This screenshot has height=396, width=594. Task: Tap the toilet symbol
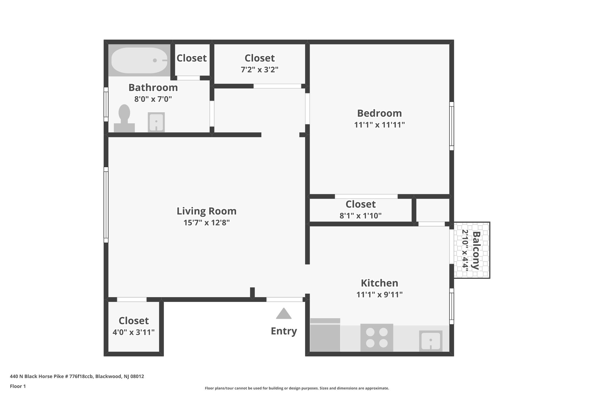(124, 119)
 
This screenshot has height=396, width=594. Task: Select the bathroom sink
(156, 122)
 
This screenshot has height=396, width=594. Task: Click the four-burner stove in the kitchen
(377, 338)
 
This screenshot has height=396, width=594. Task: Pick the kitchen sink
(431, 341)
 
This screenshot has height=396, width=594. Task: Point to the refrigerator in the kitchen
(325, 335)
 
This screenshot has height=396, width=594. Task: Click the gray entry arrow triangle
(284, 314)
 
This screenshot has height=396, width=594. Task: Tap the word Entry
(284, 331)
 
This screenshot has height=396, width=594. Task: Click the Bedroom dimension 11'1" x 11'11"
(379, 125)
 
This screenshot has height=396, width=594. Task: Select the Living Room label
(206, 211)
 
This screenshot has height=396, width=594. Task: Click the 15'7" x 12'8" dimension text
(206, 223)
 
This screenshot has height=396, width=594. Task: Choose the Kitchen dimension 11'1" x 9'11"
(379, 295)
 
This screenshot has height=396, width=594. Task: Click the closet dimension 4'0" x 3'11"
(133, 332)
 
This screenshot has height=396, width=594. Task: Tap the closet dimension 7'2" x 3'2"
(260, 70)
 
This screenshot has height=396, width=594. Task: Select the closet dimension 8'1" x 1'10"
(360, 216)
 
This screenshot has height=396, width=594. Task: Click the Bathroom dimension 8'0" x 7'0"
(153, 99)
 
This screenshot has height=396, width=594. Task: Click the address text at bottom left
(77, 377)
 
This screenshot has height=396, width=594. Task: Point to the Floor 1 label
(18, 386)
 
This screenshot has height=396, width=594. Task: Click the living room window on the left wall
(106, 205)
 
